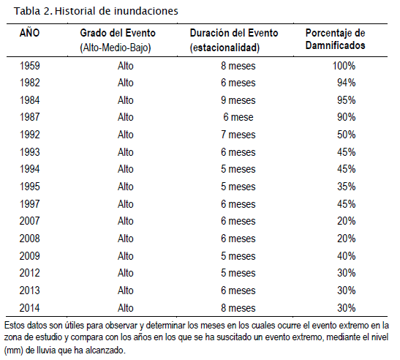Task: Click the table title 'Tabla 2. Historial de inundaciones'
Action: pos(96,11)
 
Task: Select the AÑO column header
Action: pos(29,32)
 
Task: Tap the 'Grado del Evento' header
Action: pos(118,33)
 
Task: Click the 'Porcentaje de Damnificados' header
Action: pos(335,39)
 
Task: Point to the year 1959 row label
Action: pos(30,66)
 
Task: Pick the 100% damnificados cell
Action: pos(344,66)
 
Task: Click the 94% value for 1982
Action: pos(346,83)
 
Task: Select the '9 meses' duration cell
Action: pos(238,100)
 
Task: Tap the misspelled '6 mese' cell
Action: pos(238,117)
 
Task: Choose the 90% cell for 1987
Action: pos(346,117)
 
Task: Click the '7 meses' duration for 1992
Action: pos(238,135)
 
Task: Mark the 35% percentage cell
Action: pos(346,187)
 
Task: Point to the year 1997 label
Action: pos(30,204)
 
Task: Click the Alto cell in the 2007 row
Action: pos(126,221)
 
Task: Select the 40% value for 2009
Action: pos(346,256)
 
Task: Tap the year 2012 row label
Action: pos(29,273)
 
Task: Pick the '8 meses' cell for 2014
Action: pos(238,308)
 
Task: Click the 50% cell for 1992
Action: pos(346,135)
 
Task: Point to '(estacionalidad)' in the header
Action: pos(224,48)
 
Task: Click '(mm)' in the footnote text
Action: pos(14,350)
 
